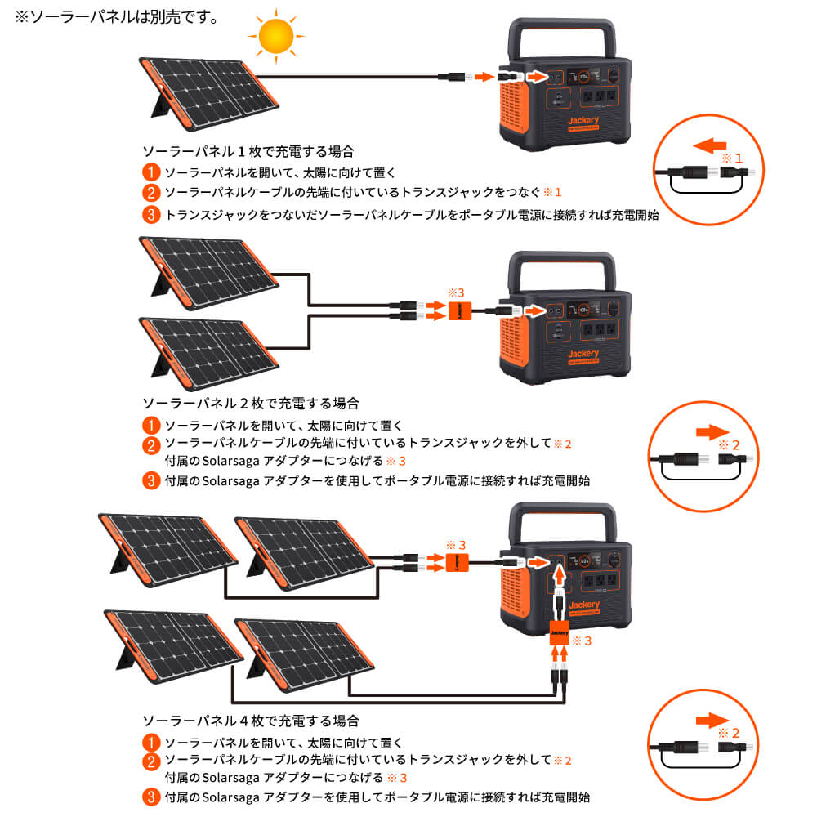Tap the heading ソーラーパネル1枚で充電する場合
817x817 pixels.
point(249,151)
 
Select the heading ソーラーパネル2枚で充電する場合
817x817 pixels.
point(249,403)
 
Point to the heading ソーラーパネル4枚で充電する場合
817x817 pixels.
point(249,721)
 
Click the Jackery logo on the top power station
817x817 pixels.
point(584,121)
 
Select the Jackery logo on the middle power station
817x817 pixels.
point(584,355)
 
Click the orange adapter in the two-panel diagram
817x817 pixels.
point(458,310)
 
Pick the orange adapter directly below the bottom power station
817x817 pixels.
point(560,632)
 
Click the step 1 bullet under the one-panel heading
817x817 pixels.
point(150,172)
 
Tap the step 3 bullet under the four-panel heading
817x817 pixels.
point(150,797)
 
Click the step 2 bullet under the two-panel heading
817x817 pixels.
point(150,446)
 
